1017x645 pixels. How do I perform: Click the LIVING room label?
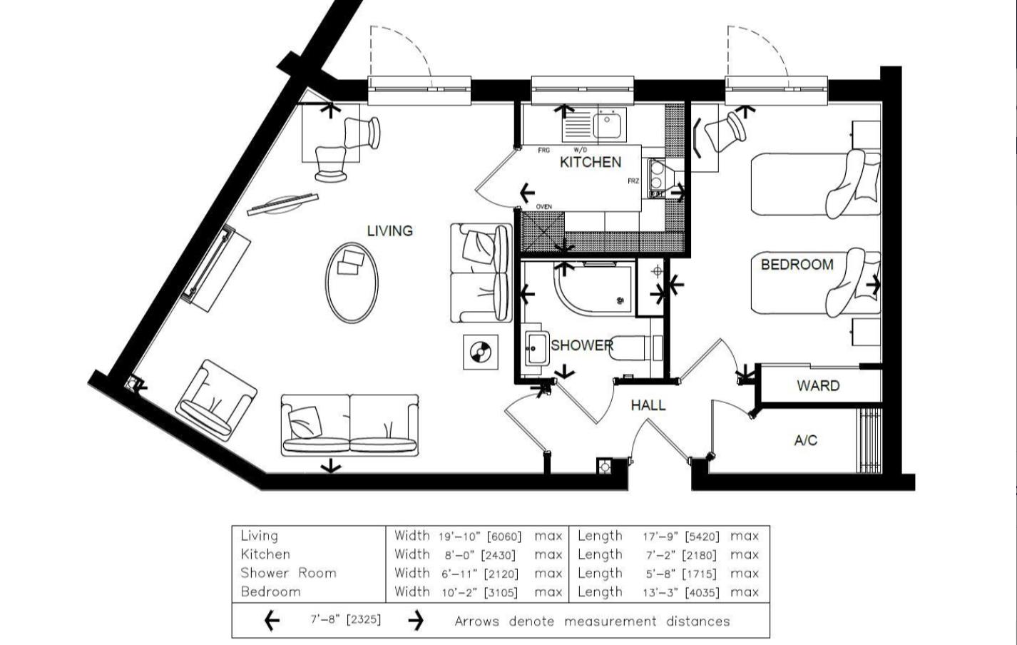pos(389,230)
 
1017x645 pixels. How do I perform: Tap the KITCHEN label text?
pos(590,162)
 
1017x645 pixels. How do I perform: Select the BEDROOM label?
pos(797,265)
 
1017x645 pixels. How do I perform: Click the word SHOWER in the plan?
pos(581,345)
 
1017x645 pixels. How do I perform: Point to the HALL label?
pos(648,405)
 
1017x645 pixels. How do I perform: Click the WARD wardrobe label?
pos(817,386)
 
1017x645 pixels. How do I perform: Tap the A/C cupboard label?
pos(805,440)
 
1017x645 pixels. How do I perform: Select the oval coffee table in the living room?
pos(352,283)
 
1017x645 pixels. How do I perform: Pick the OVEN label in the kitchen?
pos(543,207)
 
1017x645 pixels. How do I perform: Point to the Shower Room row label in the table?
pos(288,573)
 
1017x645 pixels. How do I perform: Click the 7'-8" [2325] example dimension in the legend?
pos(345,620)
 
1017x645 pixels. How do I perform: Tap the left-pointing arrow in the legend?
pos(272,621)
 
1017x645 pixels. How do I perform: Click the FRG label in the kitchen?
pos(543,151)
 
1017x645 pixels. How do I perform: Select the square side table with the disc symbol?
pos(480,352)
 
